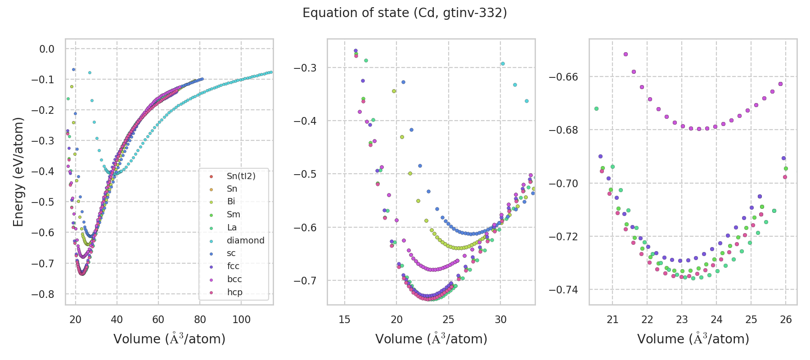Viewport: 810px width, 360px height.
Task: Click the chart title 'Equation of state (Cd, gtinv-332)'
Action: coord(405,13)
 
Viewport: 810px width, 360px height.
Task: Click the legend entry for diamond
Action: coord(245,241)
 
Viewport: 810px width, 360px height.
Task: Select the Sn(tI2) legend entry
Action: coord(241,176)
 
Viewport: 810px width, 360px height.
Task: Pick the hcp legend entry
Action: coord(234,292)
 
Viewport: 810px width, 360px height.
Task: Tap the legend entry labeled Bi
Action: coord(231,202)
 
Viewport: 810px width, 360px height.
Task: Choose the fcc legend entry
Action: coord(233,266)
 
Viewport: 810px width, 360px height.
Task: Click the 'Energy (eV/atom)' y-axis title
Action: coord(18,171)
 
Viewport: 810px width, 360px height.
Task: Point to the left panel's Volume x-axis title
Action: coord(169,339)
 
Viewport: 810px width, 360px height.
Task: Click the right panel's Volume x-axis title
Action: coord(693,339)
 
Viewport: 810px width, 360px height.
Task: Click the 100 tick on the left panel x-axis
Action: coord(241,319)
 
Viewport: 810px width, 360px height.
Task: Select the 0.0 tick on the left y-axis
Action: coord(47,49)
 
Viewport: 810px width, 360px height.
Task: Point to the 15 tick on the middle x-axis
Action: coord(344,319)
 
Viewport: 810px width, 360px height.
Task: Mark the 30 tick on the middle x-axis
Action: coord(500,319)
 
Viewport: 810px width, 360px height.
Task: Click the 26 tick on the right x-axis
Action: coord(786,319)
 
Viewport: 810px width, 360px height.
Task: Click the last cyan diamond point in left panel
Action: coord(271,72)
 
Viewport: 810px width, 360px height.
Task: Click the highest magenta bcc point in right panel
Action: coord(625,54)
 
